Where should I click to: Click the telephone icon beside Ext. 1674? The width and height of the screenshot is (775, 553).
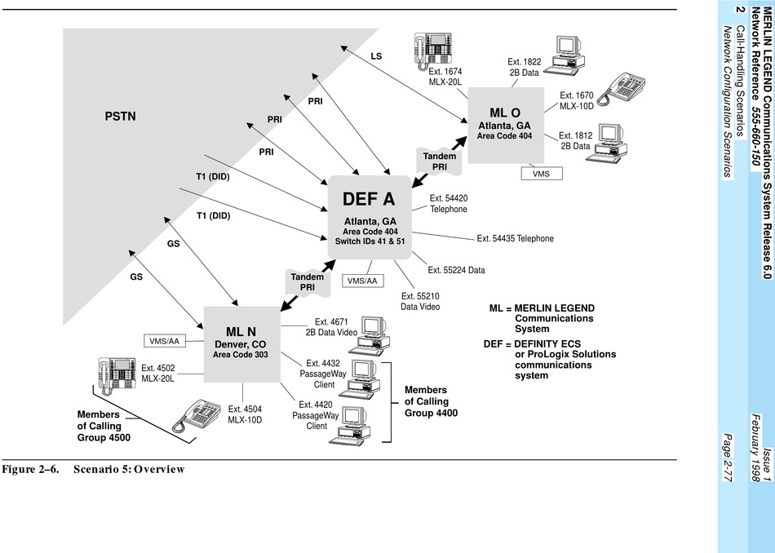click(434, 49)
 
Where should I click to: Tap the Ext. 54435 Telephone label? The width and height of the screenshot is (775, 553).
click(515, 239)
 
